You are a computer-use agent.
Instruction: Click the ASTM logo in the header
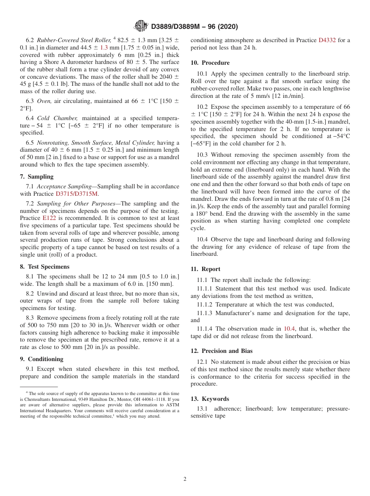(141, 26)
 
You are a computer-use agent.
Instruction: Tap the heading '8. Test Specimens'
(44, 267)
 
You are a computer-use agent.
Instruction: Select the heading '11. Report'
(205, 269)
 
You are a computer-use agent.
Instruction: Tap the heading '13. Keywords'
(210, 399)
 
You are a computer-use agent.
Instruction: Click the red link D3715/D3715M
(77, 194)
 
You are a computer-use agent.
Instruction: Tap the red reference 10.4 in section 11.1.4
(289, 329)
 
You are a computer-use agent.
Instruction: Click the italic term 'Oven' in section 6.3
(44, 101)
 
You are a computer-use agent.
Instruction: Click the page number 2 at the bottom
(185, 479)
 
